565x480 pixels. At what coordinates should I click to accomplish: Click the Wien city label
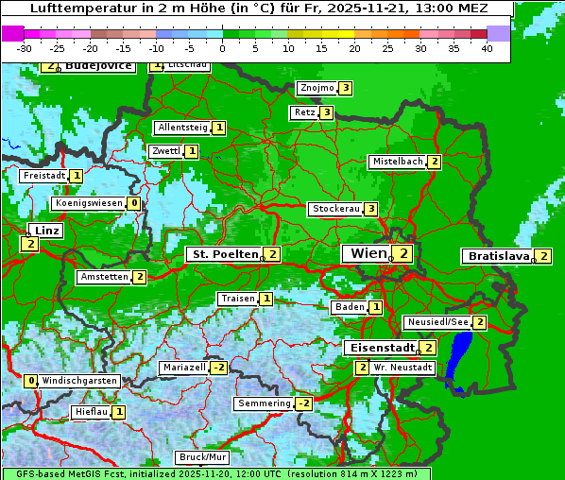click(x=368, y=253)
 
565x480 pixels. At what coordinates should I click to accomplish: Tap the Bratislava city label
click(x=499, y=256)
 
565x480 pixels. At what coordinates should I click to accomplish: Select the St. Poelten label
click(x=224, y=254)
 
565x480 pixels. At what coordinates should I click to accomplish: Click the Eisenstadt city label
click(x=380, y=348)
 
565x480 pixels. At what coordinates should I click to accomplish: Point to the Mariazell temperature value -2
click(x=218, y=368)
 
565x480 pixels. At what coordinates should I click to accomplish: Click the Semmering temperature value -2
click(x=303, y=403)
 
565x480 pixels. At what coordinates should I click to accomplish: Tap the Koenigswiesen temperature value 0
click(x=134, y=203)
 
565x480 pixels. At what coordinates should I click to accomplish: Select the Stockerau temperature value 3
click(x=371, y=209)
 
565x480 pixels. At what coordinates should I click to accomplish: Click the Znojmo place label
click(x=317, y=88)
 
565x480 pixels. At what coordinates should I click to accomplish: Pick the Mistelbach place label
click(x=397, y=162)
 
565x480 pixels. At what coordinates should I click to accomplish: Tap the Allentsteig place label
click(x=182, y=128)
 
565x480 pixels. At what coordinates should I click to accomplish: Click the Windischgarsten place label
click(x=79, y=381)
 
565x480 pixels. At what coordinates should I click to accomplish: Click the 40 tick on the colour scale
click(x=487, y=48)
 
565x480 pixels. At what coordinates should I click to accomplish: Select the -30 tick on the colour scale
click(x=25, y=48)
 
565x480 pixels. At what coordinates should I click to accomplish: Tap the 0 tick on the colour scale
click(x=222, y=48)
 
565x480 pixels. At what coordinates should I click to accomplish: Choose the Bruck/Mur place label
click(x=203, y=457)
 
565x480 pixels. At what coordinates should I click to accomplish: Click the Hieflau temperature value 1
click(x=119, y=412)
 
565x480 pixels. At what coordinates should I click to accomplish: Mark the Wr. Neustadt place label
click(x=402, y=367)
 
